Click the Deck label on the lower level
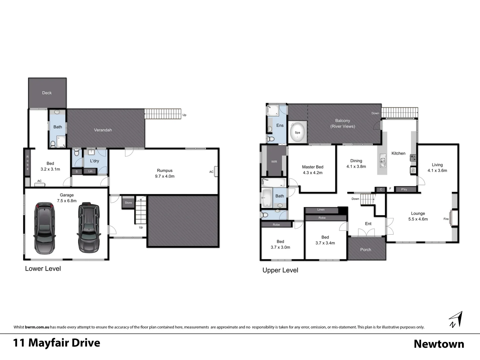(x=47, y=93)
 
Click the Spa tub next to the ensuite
(x=297, y=132)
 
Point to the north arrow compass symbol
(x=456, y=319)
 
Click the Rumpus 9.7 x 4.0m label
(x=165, y=173)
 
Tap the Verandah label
(x=103, y=130)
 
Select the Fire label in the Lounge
(x=446, y=219)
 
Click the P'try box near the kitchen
(x=404, y=189)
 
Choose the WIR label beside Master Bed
(x=274, y=162)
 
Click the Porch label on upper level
(x=366, y=250)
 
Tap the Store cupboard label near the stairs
(x=128, y=203)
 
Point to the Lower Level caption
(x=43, y=269)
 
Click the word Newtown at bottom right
(x=439, y=344)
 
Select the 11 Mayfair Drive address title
(x=57, y=343)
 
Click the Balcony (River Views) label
(x=343, y=123)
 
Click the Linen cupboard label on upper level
(x=321, y=210)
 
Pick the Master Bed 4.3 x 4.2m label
(x=313, y=170)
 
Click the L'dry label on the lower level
(x=94, y=161)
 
